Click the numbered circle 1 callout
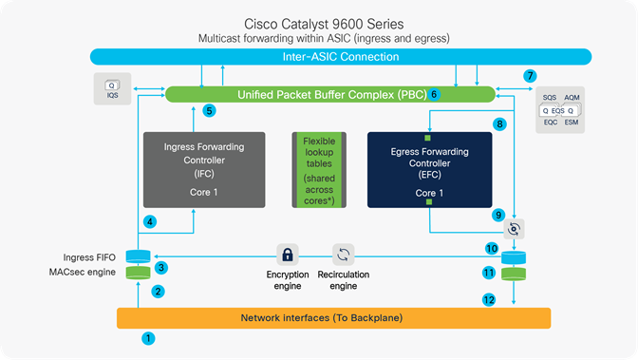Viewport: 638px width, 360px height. pos(146,337)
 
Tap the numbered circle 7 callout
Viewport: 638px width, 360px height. pos(531,75)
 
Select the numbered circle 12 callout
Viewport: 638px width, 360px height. pos(490,300)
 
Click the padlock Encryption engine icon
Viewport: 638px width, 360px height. pos(285,255)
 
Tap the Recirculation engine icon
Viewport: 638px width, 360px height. pos(344,255)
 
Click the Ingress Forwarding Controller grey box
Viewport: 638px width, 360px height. pos(203,169)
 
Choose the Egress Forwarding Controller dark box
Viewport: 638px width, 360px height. pos(429,169)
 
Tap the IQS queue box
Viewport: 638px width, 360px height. pos(112,89)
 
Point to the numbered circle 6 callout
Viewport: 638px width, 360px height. pos(433,94)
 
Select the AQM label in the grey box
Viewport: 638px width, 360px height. pos(572,97)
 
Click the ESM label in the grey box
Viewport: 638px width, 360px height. pos(572,123)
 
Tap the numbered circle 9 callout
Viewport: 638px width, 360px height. pos(497,216)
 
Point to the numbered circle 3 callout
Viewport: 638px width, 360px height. pos(161,268)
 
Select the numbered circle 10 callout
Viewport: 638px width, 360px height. pos(491,248)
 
